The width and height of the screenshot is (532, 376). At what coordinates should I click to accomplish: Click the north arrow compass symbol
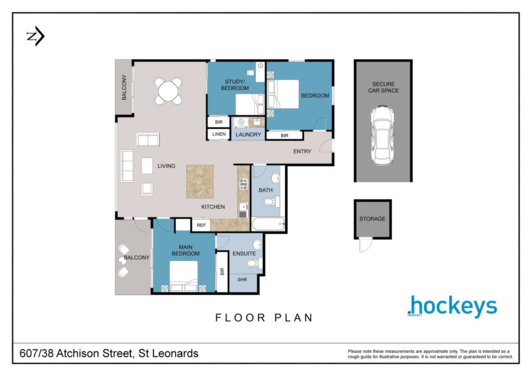tap(36, 36)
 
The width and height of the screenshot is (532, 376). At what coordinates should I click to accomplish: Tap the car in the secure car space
tap(382, 135)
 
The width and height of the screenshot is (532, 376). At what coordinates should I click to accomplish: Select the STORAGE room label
tap(372, 219)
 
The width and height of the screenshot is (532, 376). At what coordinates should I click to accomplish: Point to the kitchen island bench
tap(200, 181)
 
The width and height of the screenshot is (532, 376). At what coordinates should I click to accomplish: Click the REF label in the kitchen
tap(201, 225)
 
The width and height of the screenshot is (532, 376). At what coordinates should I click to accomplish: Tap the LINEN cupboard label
tap(219, 135)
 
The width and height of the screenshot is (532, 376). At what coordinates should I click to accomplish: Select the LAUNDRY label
tap(248, 135)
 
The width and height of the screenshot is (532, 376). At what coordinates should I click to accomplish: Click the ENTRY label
tap(302, 152)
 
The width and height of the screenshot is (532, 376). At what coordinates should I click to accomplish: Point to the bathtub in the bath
tap(268, 224)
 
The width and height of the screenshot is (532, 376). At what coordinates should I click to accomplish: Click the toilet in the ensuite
tap(254, 263)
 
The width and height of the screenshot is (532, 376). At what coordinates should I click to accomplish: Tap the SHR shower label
tap(242, 280)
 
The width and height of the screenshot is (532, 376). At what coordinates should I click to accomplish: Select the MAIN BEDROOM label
tap(185, 250)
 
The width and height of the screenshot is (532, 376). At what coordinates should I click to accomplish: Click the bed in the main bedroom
tap(183, 276)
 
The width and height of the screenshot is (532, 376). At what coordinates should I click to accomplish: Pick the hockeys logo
tap(453, 306)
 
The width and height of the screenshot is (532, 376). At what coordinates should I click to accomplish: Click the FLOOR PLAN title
tap(264, 318)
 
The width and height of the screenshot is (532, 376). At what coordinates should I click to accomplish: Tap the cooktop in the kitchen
tap(243, 184)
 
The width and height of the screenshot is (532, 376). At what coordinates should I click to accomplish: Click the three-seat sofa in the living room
tap(127, 166)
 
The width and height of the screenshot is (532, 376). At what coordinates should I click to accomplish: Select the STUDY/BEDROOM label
tap(235, 85)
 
